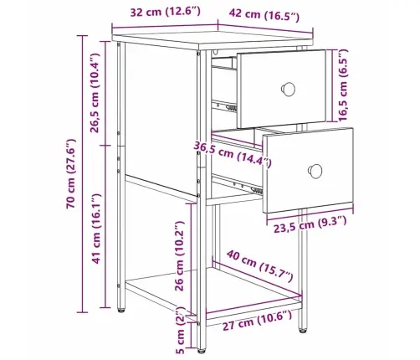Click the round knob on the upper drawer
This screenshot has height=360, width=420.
pos(288,88)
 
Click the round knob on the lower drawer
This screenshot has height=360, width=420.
pos(316,171)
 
